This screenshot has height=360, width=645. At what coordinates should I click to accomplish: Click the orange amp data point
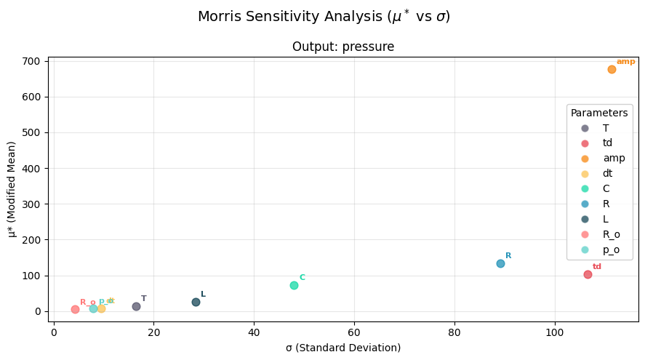pos(612,70)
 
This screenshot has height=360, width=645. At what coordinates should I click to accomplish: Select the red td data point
pos(588,274)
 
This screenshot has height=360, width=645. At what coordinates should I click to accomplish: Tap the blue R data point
pos(500,263)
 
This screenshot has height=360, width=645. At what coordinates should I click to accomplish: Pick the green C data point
pos(294,285)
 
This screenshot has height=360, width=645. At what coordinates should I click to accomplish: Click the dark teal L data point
pos(196,302)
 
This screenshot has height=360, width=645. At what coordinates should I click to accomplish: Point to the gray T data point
pos(136,306)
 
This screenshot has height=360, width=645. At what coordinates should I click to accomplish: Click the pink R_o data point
pos(75,309)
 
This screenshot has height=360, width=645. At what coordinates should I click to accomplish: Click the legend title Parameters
pos(599,113)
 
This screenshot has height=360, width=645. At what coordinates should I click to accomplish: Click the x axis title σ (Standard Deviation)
pos(343,348)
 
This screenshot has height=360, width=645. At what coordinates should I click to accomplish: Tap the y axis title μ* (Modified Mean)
pos(12,189)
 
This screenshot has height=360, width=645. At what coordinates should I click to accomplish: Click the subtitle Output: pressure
pos(343,47)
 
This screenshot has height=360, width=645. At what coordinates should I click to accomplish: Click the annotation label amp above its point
pos(625,62)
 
